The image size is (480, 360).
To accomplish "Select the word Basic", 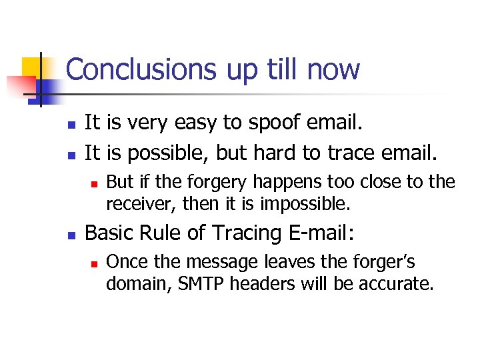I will pos(109,233).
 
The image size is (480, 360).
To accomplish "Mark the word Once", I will pos(125,262).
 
